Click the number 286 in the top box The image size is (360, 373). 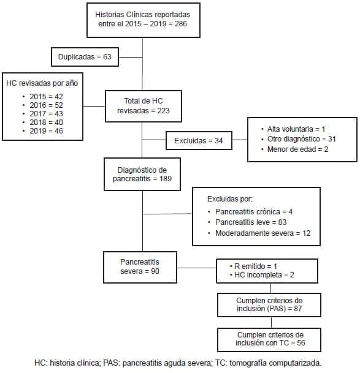180,24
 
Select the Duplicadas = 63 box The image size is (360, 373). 85,57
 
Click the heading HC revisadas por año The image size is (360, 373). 42,83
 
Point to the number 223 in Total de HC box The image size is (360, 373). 163,111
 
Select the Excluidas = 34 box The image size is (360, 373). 199,141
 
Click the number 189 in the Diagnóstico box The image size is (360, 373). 166,179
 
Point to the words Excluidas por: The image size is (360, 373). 229,199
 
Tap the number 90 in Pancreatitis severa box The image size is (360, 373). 155,271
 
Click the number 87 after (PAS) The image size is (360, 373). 298,309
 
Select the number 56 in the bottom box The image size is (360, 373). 301,343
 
